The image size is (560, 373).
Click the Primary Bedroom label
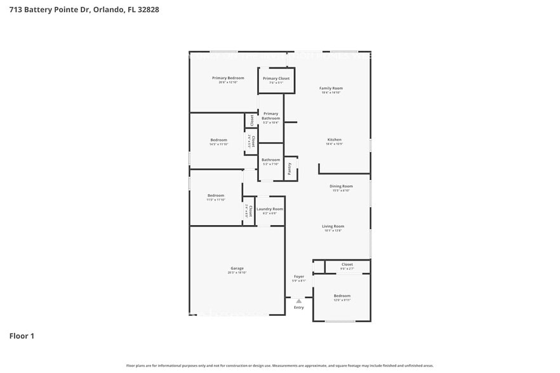(227, 78)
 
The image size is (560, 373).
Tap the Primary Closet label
(276, 79)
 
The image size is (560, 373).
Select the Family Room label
(331, 88)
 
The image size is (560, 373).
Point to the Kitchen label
(334, 140)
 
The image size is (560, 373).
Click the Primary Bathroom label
(270, 116)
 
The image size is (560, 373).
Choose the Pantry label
(290, 169)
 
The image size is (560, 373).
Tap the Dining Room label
(341, 186)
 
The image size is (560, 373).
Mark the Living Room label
(333, 226)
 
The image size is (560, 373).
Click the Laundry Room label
(270, 209)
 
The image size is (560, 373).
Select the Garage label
(237, 268)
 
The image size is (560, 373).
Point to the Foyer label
(298, 277)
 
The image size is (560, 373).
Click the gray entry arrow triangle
(298, 301)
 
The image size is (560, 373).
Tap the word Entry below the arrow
(298, 308)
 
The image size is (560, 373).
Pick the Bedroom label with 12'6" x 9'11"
(342, 296)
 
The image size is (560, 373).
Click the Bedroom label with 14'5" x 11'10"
(218, 140)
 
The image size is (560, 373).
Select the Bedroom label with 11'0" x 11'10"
(215, 195)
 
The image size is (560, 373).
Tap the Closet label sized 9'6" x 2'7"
(347, 265)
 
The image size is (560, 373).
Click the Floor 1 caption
(22, 336)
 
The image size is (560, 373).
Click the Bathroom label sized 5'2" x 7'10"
(270, 160)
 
